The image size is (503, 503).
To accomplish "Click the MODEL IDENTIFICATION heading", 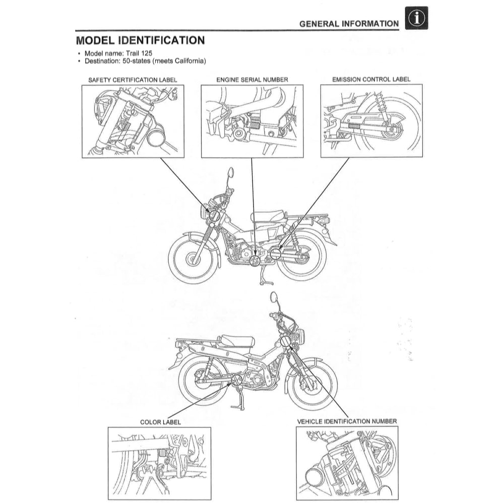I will tap(140, 40).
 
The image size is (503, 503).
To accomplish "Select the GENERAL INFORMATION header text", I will tap(348, 24).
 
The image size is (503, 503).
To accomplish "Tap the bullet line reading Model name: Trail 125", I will tap(115, 53).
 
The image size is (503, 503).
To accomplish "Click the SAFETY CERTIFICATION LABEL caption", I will tap(133, 80).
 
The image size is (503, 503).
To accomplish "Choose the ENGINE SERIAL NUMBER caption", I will tap(252, 80).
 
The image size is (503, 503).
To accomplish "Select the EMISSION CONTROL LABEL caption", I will tap(371, 80).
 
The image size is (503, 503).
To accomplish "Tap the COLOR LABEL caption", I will tap(160, 422).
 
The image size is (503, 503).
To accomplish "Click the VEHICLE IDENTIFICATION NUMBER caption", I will tap(347, 421).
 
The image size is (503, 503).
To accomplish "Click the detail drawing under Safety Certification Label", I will tap(133, 121).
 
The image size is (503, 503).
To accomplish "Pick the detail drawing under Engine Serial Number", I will tap(252, 121).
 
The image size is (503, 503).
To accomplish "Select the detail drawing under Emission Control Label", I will tap(371, 121).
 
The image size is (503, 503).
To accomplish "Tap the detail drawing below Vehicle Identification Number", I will tap(347, 463).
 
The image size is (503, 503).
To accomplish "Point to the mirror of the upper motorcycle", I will tap(231, 173).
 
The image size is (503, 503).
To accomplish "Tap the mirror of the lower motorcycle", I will tap(274, 296).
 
